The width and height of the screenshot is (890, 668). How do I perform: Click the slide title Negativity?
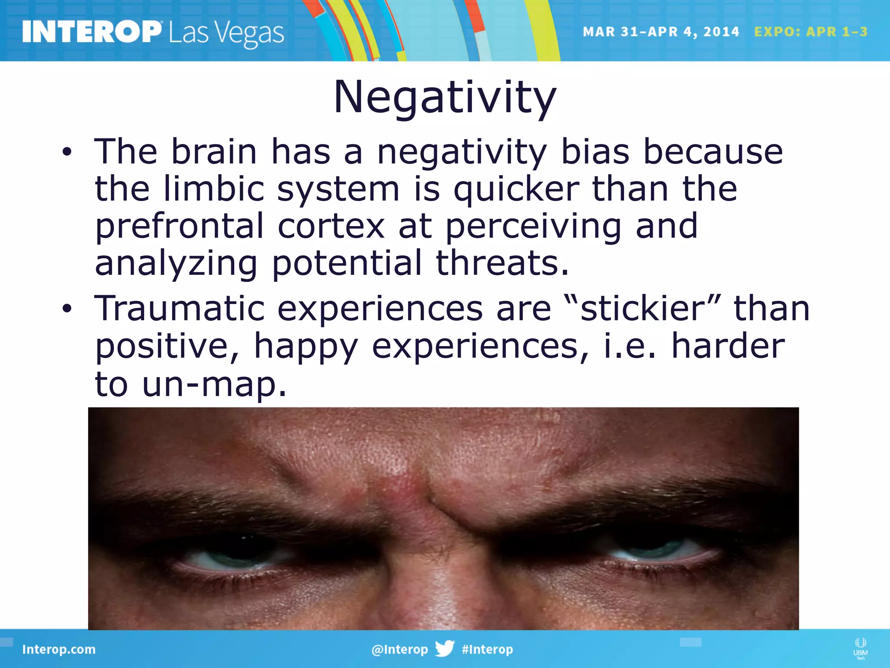pos(445,97)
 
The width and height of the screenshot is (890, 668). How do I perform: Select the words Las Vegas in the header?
pos(226,34)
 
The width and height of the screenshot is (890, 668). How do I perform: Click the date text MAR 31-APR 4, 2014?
pos(661,32)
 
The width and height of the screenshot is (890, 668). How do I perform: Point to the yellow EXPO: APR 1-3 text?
pos(810,32)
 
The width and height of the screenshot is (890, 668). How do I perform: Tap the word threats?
pos(502,263)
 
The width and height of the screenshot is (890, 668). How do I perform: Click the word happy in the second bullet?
pos(306,347)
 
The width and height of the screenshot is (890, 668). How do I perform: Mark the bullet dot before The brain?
pos(66,152)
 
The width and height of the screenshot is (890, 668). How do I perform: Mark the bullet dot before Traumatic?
pos(66,309)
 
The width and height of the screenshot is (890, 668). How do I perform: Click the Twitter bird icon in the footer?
pos(445,648)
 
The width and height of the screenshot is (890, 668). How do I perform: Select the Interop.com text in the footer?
pos(59,649)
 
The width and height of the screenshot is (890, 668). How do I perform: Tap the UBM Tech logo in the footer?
pos(860,648)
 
